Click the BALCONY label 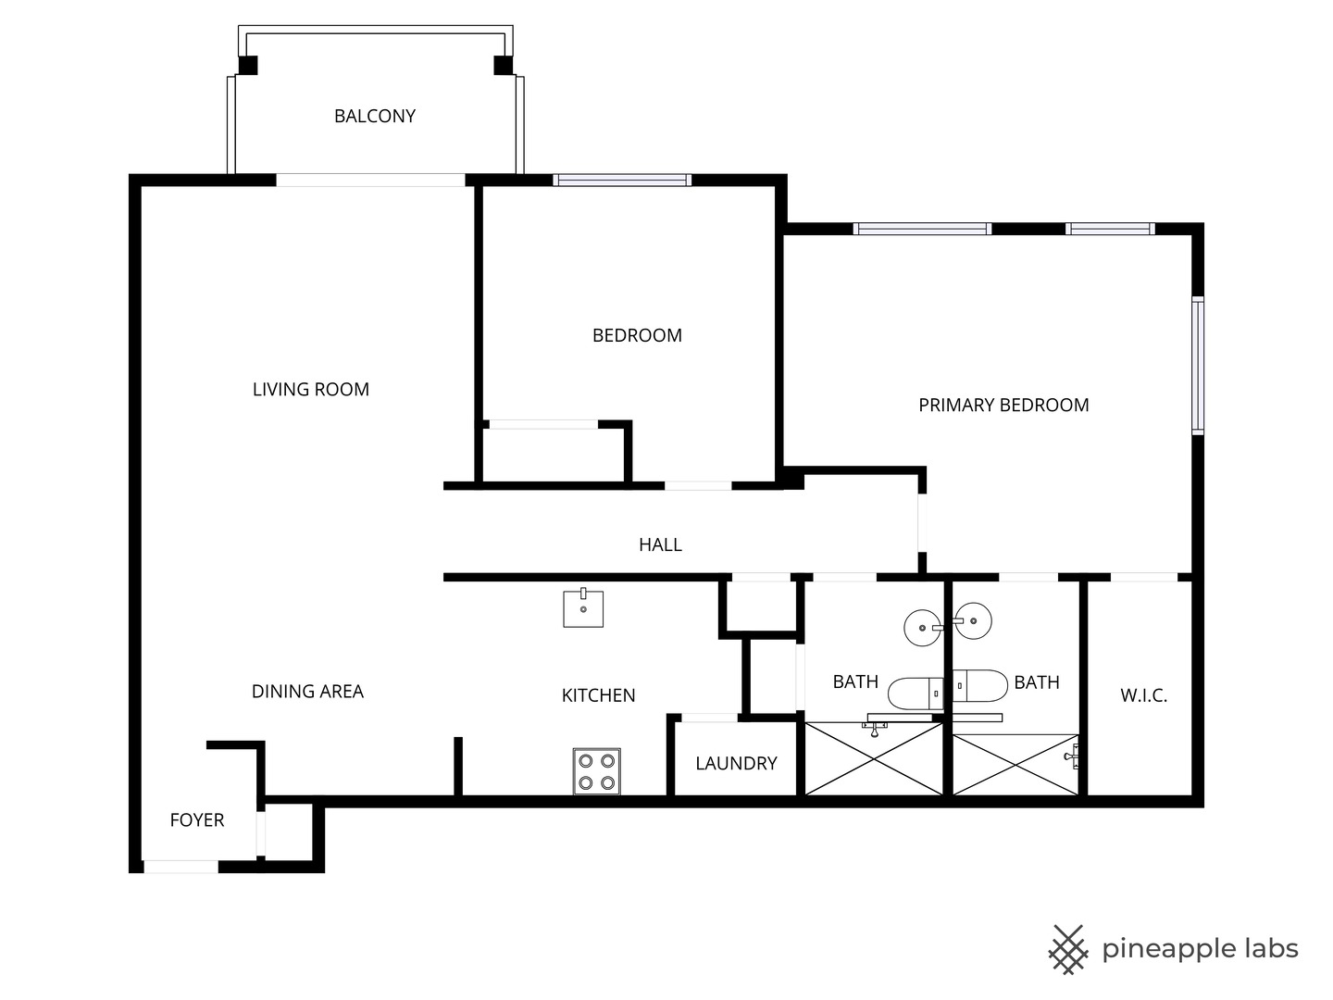click(375, 116)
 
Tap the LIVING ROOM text click(311, 389)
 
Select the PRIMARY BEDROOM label click(1003, 405)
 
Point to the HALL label click(660, 544)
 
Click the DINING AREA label click(307, 691)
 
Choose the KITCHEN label click(598, 695)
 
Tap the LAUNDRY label click(736, 763)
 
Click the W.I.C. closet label click(1143, 695)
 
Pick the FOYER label click(197, 820)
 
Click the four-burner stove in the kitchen click(596, 771)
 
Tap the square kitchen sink click(583, 607)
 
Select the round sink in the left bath click(923, 628)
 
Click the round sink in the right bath click(973, 620)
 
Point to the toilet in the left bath click(916, 694)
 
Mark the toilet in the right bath click(979, 686)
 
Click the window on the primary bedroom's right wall click(1198, 366)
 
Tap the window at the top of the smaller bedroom click(622, 180)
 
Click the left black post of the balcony click(248, 65)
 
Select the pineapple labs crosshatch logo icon click(1067, 950)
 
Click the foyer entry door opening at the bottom click(181, 867)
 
